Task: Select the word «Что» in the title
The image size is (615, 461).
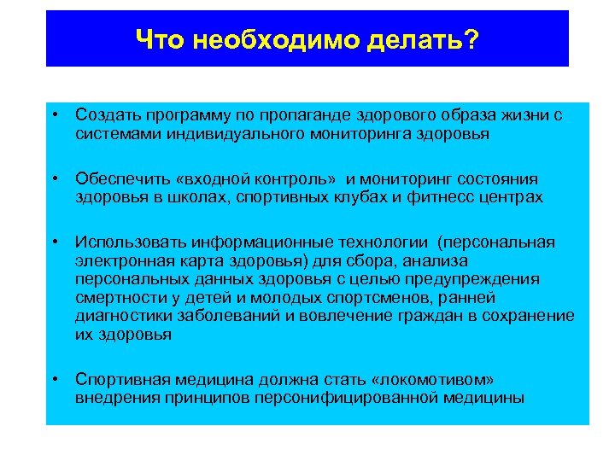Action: [158, 39]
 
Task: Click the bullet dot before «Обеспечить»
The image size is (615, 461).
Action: [54, 179]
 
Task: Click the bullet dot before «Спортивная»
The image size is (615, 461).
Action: [54, 378]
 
